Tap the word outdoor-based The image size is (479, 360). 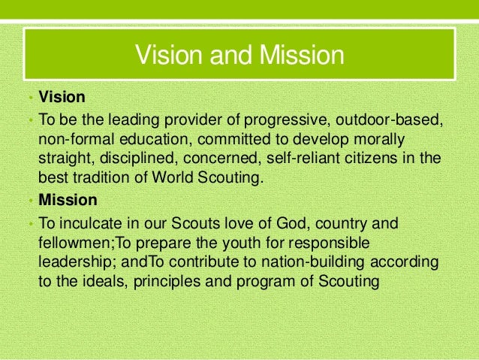point(387,120)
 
